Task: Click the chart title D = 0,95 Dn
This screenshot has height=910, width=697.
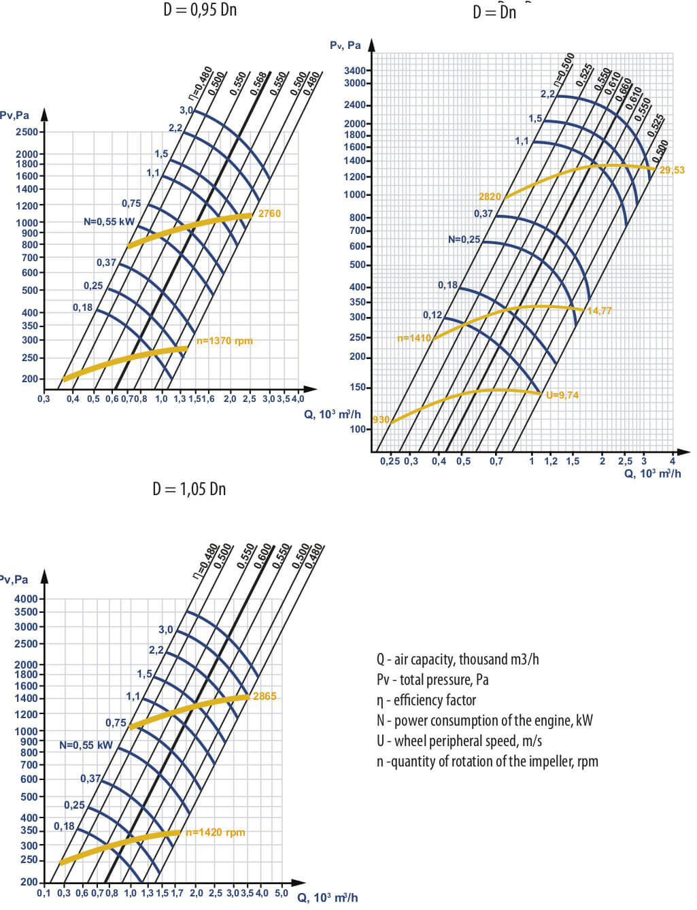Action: (200, 10)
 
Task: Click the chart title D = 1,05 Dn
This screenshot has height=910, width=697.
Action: (189, 489)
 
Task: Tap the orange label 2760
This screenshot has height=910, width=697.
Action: (269, 214)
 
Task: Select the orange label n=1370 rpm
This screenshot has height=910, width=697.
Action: (224, 341)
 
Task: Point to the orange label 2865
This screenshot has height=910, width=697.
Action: (265, 696)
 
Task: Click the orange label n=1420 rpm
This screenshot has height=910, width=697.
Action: (216, 832)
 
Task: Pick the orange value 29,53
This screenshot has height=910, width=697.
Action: (672, 170)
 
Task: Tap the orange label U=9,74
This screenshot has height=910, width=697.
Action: (562, 395)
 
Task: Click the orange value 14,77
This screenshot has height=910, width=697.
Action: (599, 311)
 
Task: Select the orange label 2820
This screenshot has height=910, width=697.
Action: (490, 197)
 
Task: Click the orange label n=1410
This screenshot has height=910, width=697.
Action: (414, 338)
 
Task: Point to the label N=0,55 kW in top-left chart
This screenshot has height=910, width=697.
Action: (109, 222)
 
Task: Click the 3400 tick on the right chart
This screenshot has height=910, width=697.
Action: (355, 71)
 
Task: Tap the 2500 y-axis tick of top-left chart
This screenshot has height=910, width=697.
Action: (27, 132)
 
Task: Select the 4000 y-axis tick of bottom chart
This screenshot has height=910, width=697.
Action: (26, 599)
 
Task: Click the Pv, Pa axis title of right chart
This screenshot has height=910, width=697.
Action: (345, 46)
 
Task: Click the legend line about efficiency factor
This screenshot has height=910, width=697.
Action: (426, 701)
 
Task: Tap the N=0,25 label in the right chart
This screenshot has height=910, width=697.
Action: (464, 239)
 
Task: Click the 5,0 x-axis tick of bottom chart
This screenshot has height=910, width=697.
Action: (282, 893)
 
